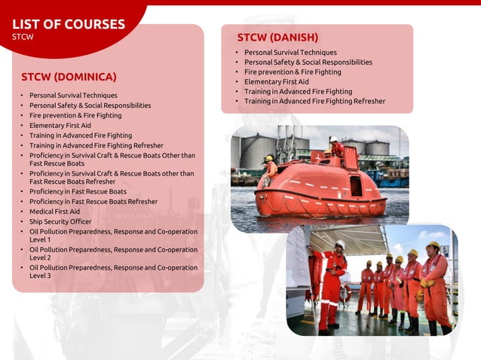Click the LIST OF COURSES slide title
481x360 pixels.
coord(68,24)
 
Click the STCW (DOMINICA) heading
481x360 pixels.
coord(69,77)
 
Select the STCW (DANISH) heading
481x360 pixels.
coord(277,37)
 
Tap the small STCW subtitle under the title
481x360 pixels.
coord(23,36)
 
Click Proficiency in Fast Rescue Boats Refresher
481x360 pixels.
coord(93,201)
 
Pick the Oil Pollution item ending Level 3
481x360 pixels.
coord(113,271)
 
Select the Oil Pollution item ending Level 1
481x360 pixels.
coord(113,236)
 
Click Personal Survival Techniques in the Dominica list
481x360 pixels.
coord(73,96)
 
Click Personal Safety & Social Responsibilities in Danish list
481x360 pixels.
coord(308,62)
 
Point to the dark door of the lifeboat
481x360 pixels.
coord(356,185)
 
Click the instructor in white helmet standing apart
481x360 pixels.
coord(332,286)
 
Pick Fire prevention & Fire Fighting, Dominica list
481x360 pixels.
coord(75,115)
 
